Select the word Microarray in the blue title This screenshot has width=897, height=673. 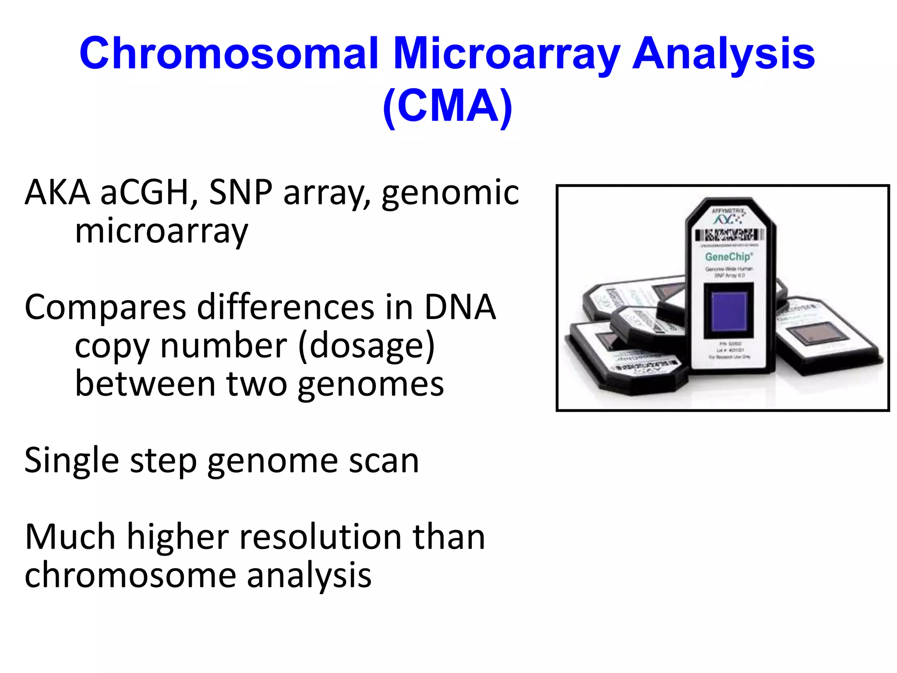pyautogui.click(x=506, y=53)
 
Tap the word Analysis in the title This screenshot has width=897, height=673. pyautogui.click(x=724, y=53)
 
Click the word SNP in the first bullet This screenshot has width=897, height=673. pyautogui.click(x=240, y=193)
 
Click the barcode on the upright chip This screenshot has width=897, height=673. pyautogui.click(x=729, y=235)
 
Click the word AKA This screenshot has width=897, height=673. pyautogui.click(x=57, y=193)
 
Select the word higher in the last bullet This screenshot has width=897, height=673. pyautogui.click(x=178, y=537)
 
